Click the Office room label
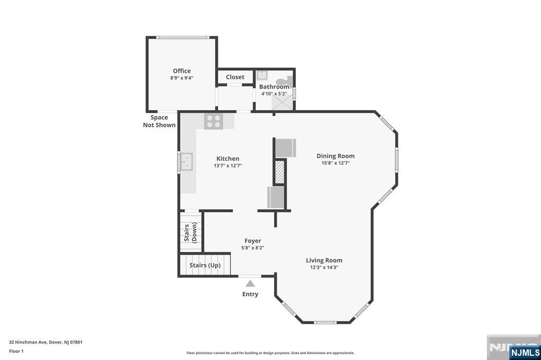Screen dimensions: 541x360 coord(182,71)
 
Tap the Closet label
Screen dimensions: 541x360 coord(235,77)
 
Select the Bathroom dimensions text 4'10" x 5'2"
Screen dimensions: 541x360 coord(274,93)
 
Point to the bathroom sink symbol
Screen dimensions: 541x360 coord(262,75)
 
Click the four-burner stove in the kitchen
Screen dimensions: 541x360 coord(213,121)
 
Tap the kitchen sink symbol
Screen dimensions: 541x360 coord(186,162)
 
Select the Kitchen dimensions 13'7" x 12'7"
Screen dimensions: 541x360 coord(228,166)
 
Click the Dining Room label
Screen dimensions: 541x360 coord(335,156)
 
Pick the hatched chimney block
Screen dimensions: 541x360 coord(279,172)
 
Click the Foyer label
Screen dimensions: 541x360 coord(253,241)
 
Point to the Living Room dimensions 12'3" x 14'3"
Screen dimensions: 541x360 coord(324,267)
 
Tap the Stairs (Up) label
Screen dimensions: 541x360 coord(205,265)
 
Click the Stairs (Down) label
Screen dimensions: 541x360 coord(190,232)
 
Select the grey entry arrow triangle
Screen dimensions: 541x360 coord(250,283)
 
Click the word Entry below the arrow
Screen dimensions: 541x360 coord(250,294)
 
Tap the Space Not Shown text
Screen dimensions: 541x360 coord(159,121)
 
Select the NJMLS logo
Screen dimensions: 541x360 coord(525,353)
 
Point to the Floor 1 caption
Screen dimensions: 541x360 coord(16,351)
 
